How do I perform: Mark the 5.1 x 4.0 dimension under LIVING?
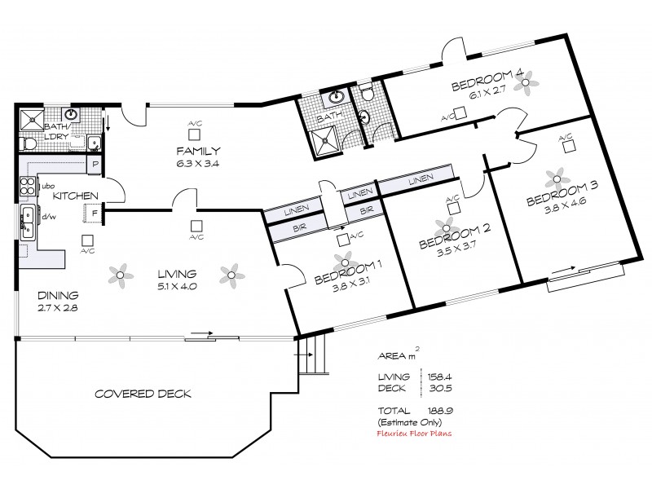click(177, 286)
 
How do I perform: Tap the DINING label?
click(57, 295)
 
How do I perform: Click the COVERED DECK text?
click(143, 394)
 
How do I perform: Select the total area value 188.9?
click(441, 411)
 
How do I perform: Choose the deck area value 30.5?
click(441, 388)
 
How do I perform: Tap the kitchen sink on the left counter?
click(27, 218)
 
